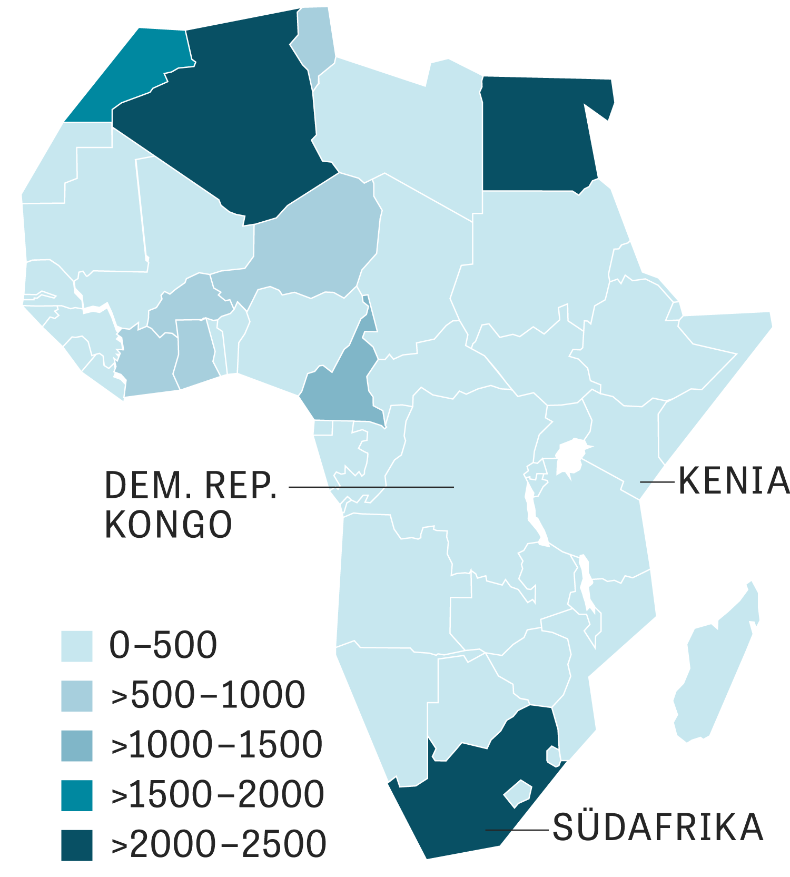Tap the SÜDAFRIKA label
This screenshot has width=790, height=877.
(658, 827)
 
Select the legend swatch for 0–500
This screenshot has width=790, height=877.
(77, 646)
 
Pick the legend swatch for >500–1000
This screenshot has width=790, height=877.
(77, 696)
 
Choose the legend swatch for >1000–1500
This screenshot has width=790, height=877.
(77, 745)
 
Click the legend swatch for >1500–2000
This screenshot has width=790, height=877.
(77, 795)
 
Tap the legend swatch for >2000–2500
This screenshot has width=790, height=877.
(77, 845)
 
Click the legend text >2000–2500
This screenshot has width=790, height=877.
(219, 844)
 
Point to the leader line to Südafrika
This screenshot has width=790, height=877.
(516, 830)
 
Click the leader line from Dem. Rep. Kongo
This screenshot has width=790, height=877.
(371, 487)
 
